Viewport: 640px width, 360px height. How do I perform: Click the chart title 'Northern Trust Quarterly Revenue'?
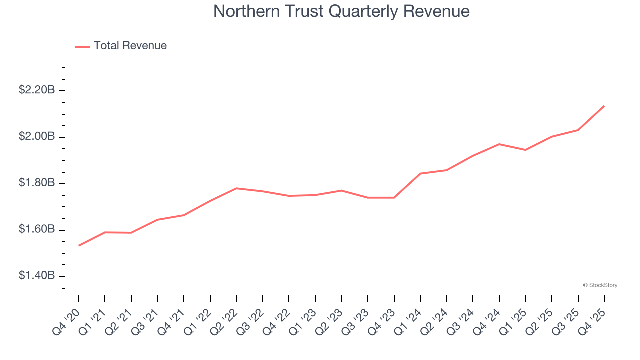coord(341,11)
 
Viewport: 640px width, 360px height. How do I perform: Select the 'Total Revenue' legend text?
coord(130,46)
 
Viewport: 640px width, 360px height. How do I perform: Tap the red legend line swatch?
coord(82,46)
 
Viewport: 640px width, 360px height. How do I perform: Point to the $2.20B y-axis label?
coord(36,90)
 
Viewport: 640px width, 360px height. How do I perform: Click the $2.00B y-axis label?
coord(36,137)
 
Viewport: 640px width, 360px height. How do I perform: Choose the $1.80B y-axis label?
coord(36,183)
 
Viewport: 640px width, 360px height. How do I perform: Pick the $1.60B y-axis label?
coord(36,230)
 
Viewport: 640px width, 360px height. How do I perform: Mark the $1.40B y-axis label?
coord(36,276)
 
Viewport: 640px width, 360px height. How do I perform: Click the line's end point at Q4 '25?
coord(604,106)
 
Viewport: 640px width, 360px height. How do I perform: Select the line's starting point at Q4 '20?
coord(79,245)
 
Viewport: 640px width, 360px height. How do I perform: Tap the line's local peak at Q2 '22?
coord(236,188)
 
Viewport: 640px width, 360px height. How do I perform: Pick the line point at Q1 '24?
coord(420,174)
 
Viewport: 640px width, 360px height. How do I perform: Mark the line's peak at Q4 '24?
coord(499,144)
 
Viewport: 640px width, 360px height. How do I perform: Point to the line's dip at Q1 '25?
coord(525,150)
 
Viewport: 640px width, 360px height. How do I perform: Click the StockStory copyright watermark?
coord(600,285)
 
